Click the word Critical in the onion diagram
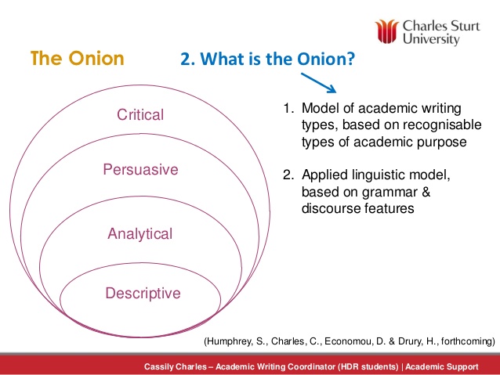coord(140,115)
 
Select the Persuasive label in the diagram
coord(140,170)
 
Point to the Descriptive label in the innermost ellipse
coord(143,294)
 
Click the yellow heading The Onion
coord(77,58)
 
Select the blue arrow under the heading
coord(318,83)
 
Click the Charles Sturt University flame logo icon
coord(387,31)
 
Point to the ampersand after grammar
coord(426,192)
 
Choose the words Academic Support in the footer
coord(442,367)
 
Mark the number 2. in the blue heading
coord(188,59)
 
